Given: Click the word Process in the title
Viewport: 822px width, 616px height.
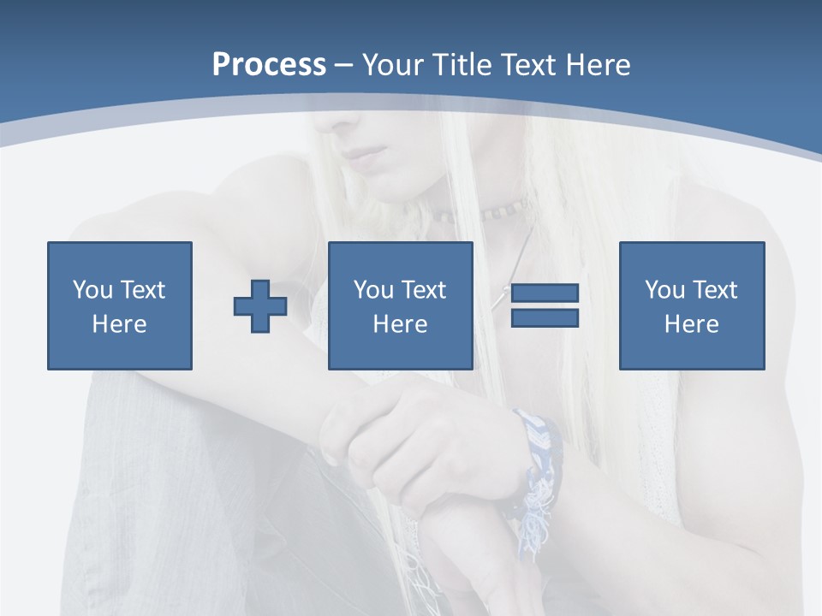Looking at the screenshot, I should [x=269, y=65].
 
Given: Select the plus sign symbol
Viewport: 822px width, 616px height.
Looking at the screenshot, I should [x=260, y=306].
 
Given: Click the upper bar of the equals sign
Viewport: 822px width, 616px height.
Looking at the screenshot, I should [x=545, y=293].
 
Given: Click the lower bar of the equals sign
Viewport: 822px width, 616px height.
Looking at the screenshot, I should [x=545, y=318].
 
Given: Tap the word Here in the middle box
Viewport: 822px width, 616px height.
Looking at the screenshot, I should [x=401, y=324].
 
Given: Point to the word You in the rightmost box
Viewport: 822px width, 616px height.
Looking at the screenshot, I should [x=664, y=290].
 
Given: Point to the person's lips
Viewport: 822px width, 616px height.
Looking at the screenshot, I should [x=366, y=157].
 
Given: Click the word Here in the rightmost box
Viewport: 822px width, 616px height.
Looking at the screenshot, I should [x=692, y=324].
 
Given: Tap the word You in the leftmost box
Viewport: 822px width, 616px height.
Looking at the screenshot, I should [x=92, y=290].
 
